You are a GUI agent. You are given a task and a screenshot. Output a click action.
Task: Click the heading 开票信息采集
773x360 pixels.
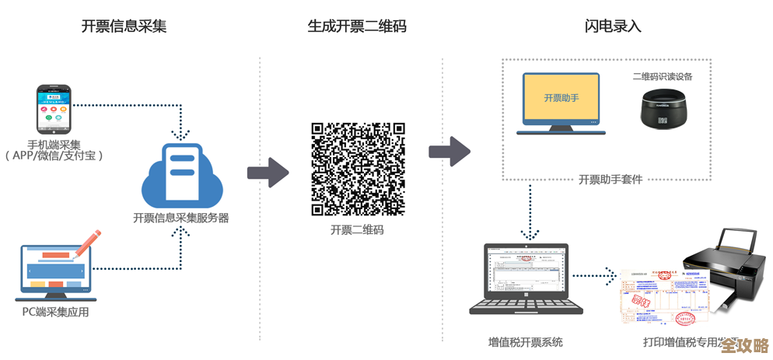pyautogui.click(x=124, y=26)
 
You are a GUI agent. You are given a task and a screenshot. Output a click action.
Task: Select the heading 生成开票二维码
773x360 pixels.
pyautogui.click(x=357, y=26)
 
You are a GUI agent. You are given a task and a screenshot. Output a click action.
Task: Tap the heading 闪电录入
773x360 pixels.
pyautogui.click(x=613, y=26)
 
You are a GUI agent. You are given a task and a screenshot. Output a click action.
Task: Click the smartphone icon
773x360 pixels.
pyautogui.click(x=53, y=110)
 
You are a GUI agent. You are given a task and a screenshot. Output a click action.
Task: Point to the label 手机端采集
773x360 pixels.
pyautogui.click(x=54, y=144)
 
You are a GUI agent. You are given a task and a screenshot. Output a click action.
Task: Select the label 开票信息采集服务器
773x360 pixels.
pyautogui.click(x=181, y=218)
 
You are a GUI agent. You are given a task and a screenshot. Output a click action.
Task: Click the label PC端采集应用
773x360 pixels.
pyautogui.click(x=55, y=313)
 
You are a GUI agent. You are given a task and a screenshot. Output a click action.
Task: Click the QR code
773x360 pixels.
pyautogui.click(x=358, y=169)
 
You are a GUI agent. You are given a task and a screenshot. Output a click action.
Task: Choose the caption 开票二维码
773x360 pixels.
pyautogui.click(x=357, y=230)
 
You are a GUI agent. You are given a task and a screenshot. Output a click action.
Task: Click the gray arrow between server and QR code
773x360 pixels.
pyautogui.click(x=268, y=172)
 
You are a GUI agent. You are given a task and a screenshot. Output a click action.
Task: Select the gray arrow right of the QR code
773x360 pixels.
pyautogui.click(x=450, y=150)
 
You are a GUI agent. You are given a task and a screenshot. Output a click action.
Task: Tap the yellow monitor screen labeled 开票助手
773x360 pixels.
pyautogui.click(x=561, y=99)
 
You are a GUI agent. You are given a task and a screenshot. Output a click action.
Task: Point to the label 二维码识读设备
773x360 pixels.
pyautogui.click(x=663, y=76)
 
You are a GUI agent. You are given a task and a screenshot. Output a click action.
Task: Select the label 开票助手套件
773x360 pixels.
pyautogui.click(x=610, y=179)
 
